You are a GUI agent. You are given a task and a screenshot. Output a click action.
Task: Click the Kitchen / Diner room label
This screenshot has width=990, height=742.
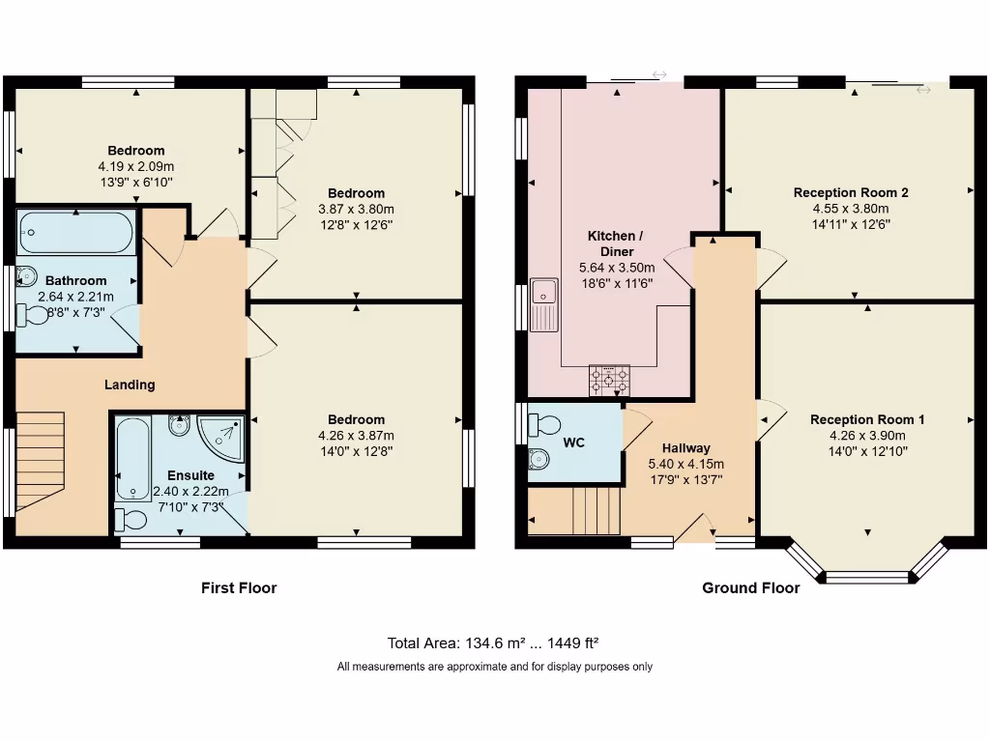click(616, 243)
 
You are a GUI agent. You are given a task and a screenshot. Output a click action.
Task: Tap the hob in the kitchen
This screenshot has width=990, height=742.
click(609, 381)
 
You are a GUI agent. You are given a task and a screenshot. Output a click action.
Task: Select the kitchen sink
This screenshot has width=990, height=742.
click(544, 304)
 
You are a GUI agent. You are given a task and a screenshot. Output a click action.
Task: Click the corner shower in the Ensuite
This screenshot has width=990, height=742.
click(220, 437)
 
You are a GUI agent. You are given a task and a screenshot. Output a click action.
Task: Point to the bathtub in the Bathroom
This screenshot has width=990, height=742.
click(76, 232)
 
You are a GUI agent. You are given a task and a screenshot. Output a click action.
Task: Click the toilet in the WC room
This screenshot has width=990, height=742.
click(545, 425)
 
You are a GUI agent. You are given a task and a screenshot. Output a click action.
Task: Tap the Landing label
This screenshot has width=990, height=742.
click(130, 385)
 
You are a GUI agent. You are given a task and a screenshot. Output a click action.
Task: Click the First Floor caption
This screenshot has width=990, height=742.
click(239, 588)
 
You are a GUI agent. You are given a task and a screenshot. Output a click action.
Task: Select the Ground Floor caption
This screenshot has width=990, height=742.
click(750, 588)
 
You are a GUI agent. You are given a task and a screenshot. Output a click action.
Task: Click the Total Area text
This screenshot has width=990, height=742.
click(492, 642)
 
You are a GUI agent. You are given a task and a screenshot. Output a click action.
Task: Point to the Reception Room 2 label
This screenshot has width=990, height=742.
click(851, 192)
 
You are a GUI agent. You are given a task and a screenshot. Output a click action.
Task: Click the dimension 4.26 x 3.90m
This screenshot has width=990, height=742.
click(867, 436)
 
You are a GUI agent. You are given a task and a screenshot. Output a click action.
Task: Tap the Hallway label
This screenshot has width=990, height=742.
click(685, 448)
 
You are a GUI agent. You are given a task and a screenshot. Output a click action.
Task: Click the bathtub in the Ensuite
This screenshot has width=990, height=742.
click(133, 458)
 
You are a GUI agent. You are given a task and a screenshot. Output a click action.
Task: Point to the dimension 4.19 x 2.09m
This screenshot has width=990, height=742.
click(135, 166)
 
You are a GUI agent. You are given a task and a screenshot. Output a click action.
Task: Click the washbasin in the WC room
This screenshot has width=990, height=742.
click(539, 459)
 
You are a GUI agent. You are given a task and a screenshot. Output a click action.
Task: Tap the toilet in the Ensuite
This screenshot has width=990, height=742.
click(131, 521)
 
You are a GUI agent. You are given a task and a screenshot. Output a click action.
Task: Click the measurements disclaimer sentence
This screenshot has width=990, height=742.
click(494, 667)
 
